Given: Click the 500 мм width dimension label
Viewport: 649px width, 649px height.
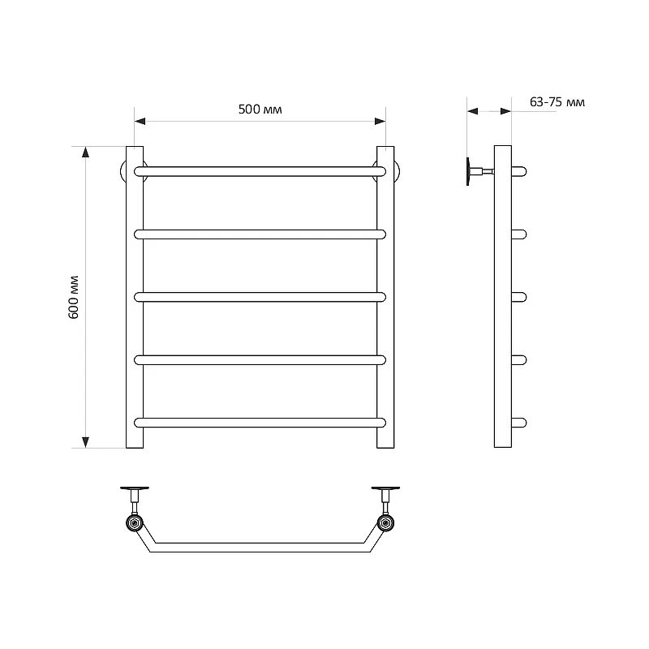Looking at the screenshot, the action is pos(260,110).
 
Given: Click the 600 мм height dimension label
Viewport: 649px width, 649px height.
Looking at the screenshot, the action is pos(73,297).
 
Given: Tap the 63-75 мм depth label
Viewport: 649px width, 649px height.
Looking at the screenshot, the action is pos(557,102).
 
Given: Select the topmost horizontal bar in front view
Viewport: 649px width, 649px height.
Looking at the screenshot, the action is pos(260,171).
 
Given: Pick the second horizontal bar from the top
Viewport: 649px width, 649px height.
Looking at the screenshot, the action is pos(260,234).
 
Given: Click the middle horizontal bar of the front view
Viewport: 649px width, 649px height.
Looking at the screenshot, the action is pos(260,297).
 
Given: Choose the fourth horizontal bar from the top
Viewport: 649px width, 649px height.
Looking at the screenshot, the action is pos(260,360).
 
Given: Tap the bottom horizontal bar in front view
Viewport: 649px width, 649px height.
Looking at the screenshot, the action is pos(260,423).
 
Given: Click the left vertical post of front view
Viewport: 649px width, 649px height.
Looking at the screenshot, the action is pos(135,297).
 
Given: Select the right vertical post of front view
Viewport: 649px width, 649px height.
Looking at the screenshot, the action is pos(385,297).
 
